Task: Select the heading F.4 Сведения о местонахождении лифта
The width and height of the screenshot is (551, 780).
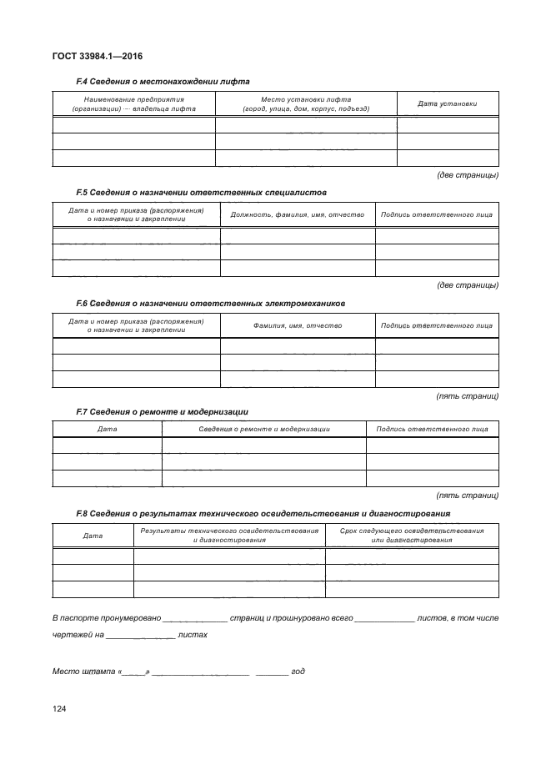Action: pos(163,81)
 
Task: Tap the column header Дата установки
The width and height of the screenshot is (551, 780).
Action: pos(448,104)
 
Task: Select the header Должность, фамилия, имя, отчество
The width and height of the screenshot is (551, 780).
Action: pos(298,214)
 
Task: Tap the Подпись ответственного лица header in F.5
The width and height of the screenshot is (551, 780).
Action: pos(436,214)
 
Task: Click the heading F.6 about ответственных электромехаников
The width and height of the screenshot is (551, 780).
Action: pos(210,303)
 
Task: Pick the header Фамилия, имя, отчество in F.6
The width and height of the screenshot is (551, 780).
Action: pos(298,325)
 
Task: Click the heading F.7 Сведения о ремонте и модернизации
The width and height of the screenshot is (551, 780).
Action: pos(162,412)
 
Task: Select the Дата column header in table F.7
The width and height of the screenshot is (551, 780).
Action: pos(107,429)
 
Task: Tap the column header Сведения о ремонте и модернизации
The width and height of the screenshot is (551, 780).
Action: pos(264,429)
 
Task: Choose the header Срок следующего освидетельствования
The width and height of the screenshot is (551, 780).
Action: pos(412,536)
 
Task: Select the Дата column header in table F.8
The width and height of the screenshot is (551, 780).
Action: pos(93,536)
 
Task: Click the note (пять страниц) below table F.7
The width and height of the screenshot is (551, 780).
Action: pos(468,495)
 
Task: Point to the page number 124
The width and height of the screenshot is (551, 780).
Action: pos(59,709)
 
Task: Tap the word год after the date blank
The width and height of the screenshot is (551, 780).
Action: pos(298,671)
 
